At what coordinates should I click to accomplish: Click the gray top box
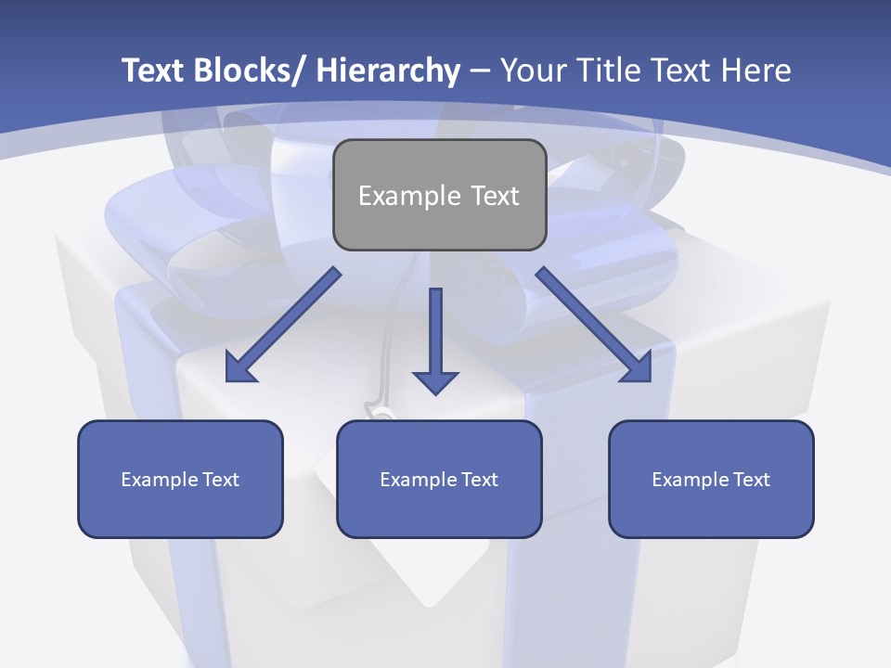[439, 195]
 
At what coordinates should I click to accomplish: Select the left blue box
[180, 479]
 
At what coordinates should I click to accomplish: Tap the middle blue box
[439, 479]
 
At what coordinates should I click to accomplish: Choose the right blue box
[711, 479]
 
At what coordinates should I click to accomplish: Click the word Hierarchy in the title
[387, 71]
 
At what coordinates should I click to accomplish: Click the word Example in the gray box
[408, 196]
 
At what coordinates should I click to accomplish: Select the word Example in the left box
[159, 480]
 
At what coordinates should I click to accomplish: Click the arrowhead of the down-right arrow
[638, 368]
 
